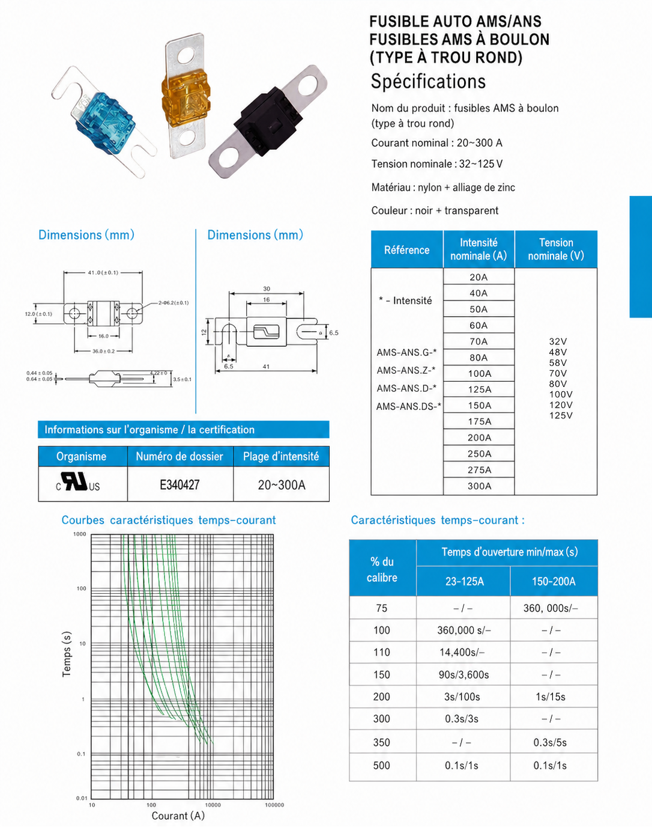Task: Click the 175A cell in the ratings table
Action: tap(479, 421)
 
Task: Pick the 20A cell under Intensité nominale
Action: tap(478, 276)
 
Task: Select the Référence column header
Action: tap(406, 250)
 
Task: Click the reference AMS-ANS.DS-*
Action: tap(409, 406)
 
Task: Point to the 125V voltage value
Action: tap(561, 415)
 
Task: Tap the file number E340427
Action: tap(180, 484)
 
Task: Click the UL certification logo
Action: tap(78, 483)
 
